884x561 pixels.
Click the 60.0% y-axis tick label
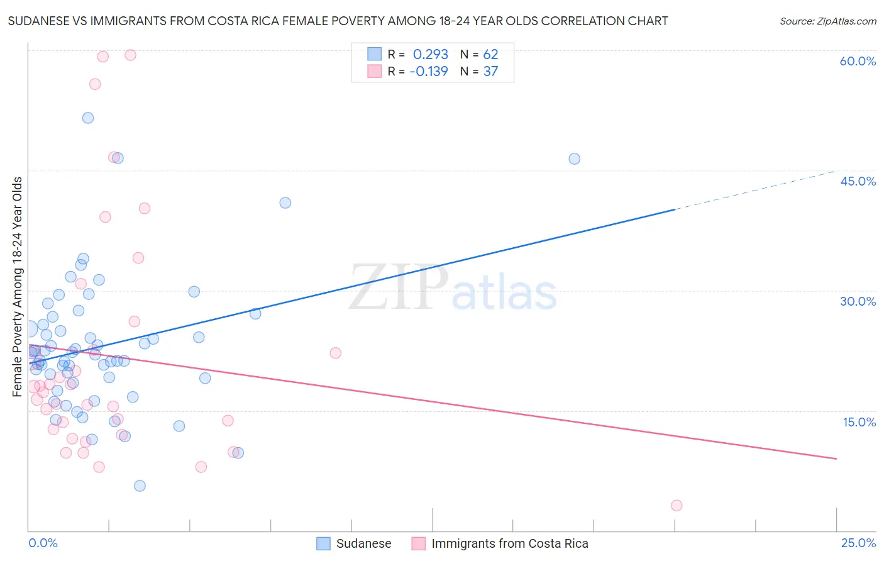click(858, 61)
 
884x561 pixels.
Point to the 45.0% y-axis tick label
click(858, 181)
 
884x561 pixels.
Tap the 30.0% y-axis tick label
click(858, 301)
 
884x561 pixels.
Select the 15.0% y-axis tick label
click(859, 422)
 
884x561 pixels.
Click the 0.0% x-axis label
click(43, 543)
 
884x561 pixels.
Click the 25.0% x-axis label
click(858, 543)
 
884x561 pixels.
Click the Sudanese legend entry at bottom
click(363, 543)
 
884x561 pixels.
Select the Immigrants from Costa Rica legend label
click(509, 543)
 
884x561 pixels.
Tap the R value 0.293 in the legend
click(430, 54)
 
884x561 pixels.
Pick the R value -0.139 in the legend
click(428, 71)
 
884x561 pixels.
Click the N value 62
click(490, 54)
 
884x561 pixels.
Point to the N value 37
click(490, 71)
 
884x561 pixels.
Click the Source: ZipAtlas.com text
click(827, 21)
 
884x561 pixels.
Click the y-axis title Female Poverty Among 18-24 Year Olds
click(17, 287)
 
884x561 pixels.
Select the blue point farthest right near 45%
click(574, 158)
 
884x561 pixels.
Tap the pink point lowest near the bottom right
click(677, 505)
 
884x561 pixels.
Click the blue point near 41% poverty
click(285, 203)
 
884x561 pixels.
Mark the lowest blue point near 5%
click(140, 486)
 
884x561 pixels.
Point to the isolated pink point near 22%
click(335, 353)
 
